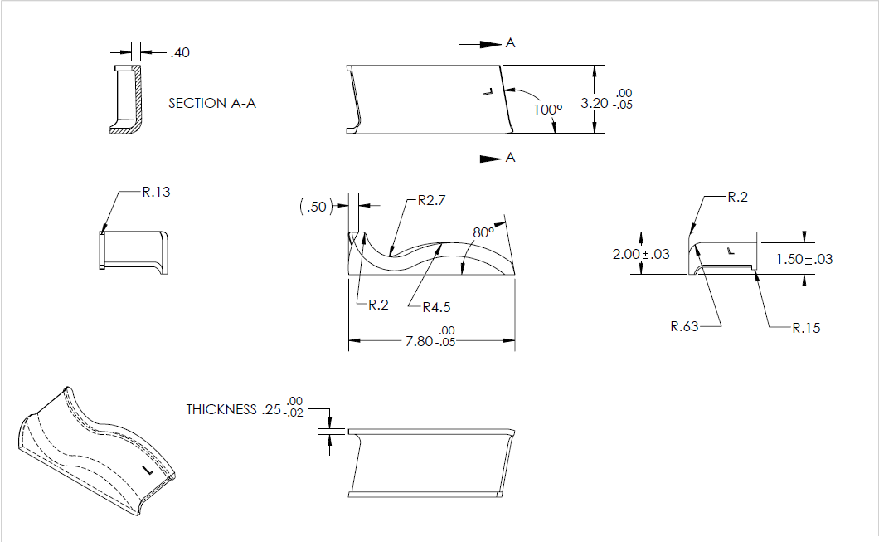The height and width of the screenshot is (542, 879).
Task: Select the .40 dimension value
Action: [x=180, y=53]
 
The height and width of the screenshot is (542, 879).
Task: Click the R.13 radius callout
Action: [x=157, y=192]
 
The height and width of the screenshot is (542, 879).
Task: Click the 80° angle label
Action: [x=483, y=233]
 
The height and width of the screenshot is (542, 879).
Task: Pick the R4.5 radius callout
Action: [x=436, y=307]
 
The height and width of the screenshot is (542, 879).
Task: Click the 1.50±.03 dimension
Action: [x=804, y=259]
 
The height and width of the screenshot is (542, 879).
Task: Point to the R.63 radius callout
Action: [x=685, y=326]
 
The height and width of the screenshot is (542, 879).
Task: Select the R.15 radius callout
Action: [x=806, y=328]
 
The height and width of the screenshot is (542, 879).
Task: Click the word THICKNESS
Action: [x=221, y=410]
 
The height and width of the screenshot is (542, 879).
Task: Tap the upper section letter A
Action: [x=510, y=43]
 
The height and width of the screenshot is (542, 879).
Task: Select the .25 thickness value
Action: [x=270, y=410]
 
